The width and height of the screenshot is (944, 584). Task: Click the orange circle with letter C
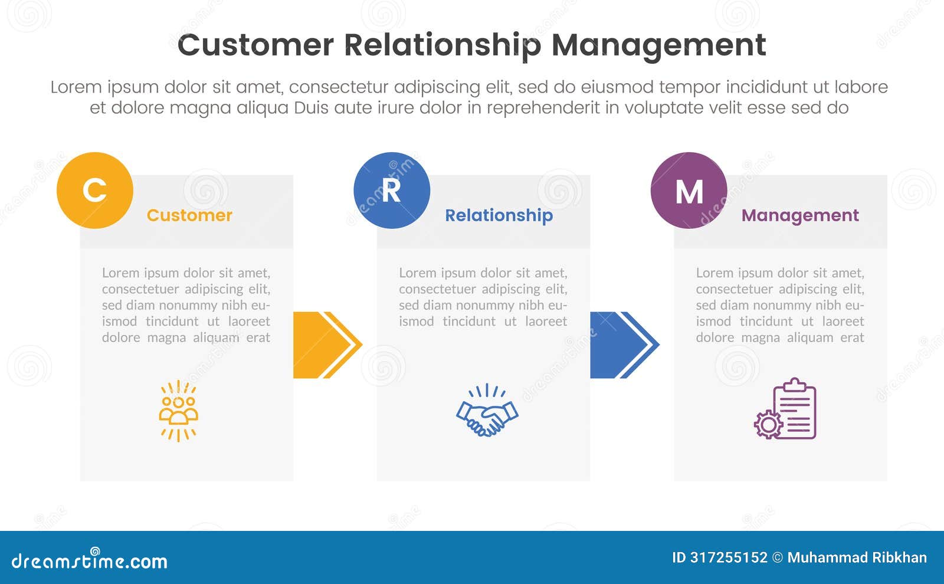point(95,191)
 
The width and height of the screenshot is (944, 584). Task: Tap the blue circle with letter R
point(392,191)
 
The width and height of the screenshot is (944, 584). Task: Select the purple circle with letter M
point(689,191)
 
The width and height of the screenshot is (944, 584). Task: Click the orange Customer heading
point(189,215)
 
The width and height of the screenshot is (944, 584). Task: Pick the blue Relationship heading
point(499,216)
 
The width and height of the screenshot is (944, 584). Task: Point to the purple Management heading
point(800,216)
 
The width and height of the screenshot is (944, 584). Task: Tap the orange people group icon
point(178,411)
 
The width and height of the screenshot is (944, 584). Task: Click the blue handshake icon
point(487,411)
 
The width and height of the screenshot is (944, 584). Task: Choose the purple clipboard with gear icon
point(786,409)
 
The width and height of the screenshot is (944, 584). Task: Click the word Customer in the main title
point(255,45)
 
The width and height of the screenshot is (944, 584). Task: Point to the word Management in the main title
point(658,45)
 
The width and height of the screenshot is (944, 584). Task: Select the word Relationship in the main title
point(442,45)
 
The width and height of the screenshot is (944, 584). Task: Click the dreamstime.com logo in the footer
point(89,560)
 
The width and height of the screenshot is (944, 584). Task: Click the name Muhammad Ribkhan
point(857,557)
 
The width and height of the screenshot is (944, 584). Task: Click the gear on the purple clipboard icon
point(768,424)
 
